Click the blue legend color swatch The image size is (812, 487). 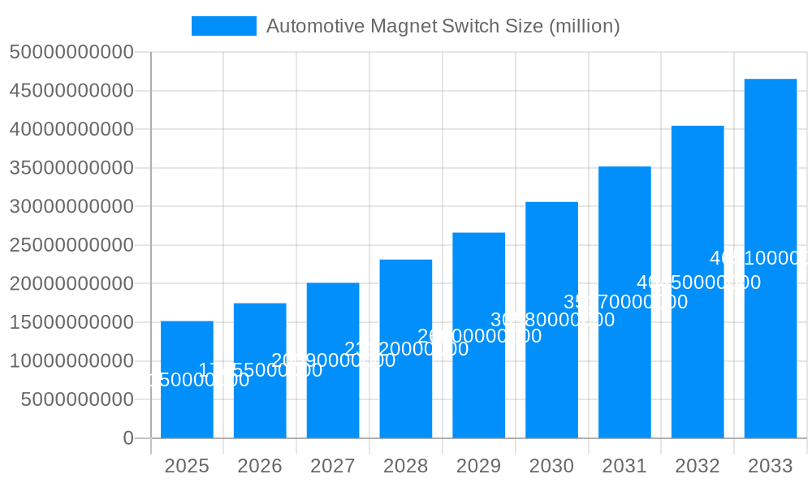pyautogui.click(x=223, y=26)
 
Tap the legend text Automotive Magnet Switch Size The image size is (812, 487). pyautogui.click(x=443, y=26)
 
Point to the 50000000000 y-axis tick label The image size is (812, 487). pyautogui.click(x=71, y=53)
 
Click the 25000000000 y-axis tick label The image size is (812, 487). pyautogui.click(x=71, y=245)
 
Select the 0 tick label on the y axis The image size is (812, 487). pyautogui.click(x=128, y=438)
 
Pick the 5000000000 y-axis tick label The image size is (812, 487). pyautogui.click(x=77, y=399)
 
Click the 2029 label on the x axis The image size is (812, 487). pyautogui.click(x=479, y=466)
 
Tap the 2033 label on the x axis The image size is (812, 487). pyautogui.click(x=771, y=466)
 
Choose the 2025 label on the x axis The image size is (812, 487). pyautogui.click(x=187, y=466)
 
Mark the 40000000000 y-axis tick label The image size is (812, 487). pyautogui.click(x=71, y=130)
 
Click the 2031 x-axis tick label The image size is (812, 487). pyautogui.click(x=624, y=466)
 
